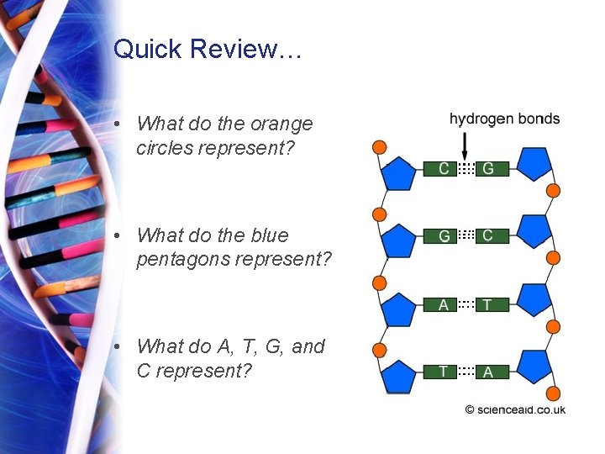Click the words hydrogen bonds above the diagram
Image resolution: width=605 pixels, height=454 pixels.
click(x=504, y=119)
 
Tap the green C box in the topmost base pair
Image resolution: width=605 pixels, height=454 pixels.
click(x=443, y=168)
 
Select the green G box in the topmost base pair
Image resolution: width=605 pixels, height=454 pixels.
click(x=488, y=168)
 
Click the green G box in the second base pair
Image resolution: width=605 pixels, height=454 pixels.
click(x=443, y=236)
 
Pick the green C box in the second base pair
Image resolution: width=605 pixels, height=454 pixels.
click(x=488, y=236)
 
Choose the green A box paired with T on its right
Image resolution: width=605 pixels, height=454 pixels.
click(x=443, y=304)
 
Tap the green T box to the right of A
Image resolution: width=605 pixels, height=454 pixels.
click(x=488, y=304)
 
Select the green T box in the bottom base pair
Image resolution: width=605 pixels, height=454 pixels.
click(x=443, y=372)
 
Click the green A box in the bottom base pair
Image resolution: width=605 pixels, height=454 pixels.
click(x=488, y=372)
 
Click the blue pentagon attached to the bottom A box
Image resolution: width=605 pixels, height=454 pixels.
click(x=533, y=367)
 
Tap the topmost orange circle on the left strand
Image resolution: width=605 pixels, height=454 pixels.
click(x=379, y=148)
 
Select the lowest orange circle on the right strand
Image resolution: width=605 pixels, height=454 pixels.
click(x=553, y=394)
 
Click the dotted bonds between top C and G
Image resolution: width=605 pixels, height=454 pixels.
click(x=466, y=168)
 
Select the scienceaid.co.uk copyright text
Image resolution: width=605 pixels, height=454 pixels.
click(x=515, y=409)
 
